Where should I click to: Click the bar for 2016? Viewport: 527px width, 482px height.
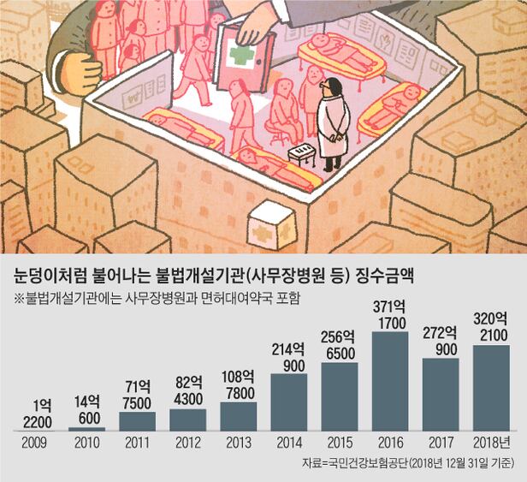click(390, 381)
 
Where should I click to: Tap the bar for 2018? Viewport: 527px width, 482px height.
click(491, 388)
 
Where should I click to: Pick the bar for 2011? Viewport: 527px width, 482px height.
click(137, 420)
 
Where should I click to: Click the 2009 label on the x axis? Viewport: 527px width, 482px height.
click(34, 443)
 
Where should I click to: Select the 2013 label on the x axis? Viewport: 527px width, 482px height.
click(239, 443)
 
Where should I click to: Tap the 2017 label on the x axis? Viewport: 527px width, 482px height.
click(441, 443)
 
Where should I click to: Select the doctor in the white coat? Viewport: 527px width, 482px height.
click(333, 124)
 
